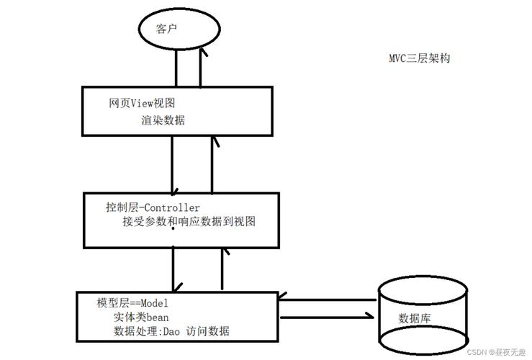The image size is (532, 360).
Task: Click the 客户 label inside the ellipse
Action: (x=167, y=30)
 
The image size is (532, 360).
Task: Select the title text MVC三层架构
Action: (x=419, y=58)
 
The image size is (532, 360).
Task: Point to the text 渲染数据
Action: (x=163, y=120)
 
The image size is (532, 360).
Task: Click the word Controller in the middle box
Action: (x=172, y=208)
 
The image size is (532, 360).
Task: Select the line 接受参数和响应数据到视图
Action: (x=189, y=222)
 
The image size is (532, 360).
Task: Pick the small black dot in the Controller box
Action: (x=173, y=228)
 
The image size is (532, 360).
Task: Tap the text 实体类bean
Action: (x=140, y=317)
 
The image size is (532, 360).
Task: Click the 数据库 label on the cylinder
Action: (x=418, y=318)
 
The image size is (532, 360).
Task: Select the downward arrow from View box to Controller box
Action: (x=173, y=163)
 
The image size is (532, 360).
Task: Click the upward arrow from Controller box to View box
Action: (x=212, y=163)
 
